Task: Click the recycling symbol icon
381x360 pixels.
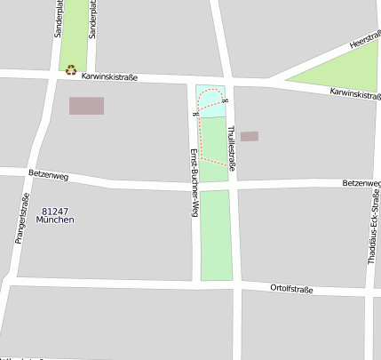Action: coord(70,68)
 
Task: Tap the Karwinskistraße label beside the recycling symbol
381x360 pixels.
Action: coord(109,77)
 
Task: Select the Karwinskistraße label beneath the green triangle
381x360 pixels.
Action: coord(354,93)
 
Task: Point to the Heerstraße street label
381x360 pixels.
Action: coord(366,43)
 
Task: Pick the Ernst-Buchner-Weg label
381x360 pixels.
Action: coord(193,182)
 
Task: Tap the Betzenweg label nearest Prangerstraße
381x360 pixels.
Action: coord(48,174)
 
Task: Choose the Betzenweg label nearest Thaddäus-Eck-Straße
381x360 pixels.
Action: coord(361,183)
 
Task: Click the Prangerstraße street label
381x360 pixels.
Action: coord(21,218)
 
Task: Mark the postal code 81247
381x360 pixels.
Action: coord(55,211)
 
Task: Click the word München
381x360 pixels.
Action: coord(55,220)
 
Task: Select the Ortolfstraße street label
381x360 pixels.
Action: coord(291,288)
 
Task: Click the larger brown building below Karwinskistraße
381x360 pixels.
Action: coord(86,106)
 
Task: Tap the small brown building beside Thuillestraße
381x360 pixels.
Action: coord(249,136)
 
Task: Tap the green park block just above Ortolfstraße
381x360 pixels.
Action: coord(215,236)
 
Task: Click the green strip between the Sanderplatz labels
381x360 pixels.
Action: coord(75,31)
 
